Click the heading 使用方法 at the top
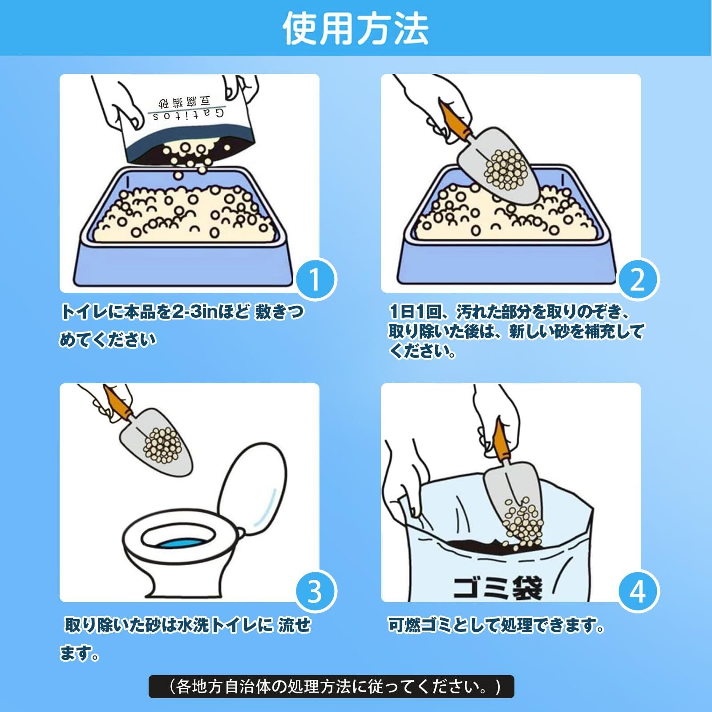tap(356, 28)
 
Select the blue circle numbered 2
tap(638, 279)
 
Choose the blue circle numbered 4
tap(638, 591)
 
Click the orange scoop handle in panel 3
tap(119, 402)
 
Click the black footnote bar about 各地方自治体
tap(331, 687)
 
